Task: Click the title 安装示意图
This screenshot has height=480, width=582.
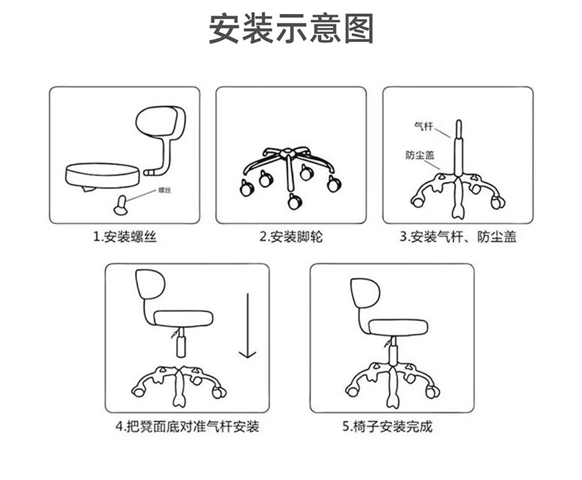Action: pyautogui.click(x=291, y=29)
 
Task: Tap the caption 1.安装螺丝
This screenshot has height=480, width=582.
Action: pyautogui.click(x=125, y=237)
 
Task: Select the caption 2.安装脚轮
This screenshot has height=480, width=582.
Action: pyautogui.click(x=291, y=237)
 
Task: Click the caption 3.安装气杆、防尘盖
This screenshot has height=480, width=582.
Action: pyautogui.click(x=458, y=237)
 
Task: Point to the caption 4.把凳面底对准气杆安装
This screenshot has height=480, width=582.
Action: pyautogui.click(x=187, y=426)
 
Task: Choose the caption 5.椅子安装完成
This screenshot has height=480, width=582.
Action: pyautogui.click(x=388, y=426)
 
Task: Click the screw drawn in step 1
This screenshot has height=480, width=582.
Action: pyautogui.click(x=122, y=205)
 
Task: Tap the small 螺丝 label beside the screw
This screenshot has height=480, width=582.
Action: pyautogui.click(x=164, y=190)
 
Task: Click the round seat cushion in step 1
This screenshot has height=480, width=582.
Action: pyautogui.click(x=103, y=175)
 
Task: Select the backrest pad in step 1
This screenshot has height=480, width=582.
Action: pyautogui.click(x=158, y=122)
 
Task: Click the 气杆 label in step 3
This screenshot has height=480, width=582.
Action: pyautogui.click(x=424, y=126)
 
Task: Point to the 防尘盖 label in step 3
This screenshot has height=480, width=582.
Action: pyautogui.click(x=419, y=155)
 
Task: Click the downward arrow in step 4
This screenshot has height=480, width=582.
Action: pyautogui.click(x=248, y=325)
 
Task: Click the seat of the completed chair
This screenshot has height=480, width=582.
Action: pyautogui.click(x=399, y=327)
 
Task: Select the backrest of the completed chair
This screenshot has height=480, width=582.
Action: pyautogui.click(x=365, y=293)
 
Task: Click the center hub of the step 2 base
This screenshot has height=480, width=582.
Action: pyautogui.click(x=287, y=153)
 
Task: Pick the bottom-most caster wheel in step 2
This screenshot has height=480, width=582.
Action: pyautogui.click(x=295, y=201)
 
